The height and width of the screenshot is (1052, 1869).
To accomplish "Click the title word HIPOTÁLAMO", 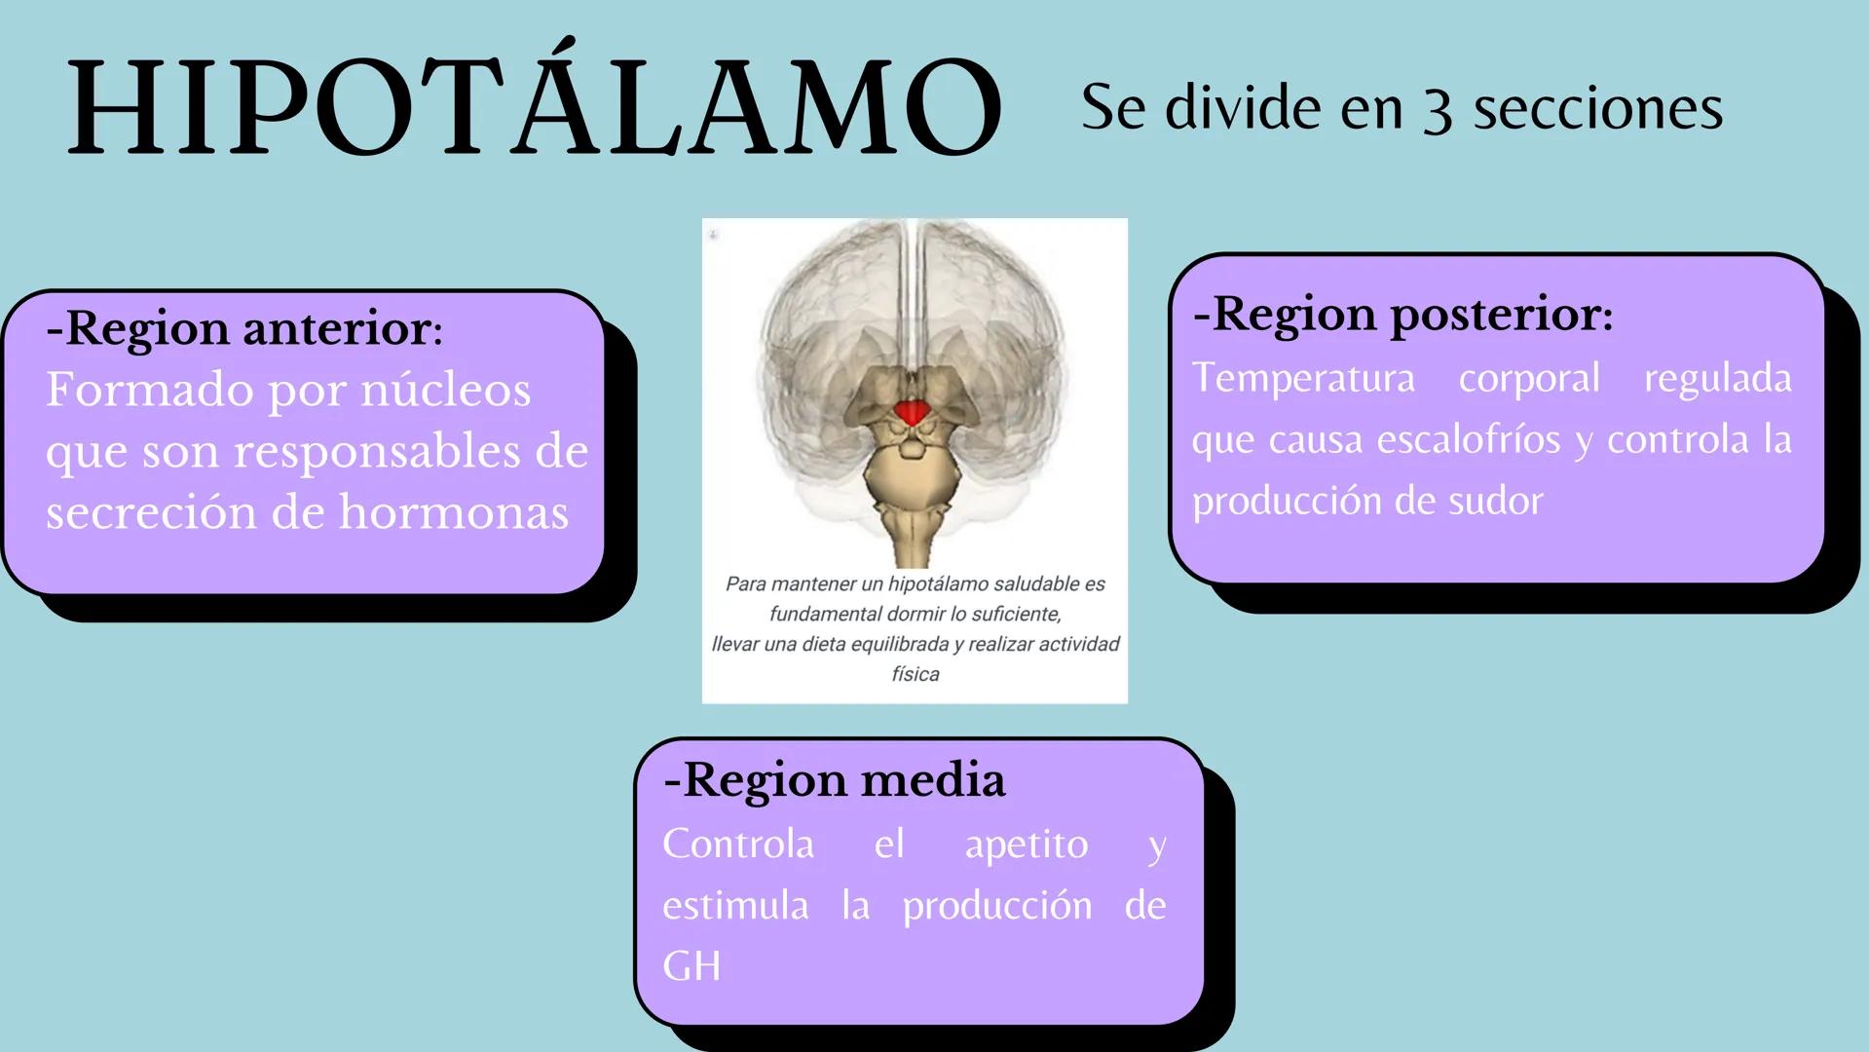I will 534,107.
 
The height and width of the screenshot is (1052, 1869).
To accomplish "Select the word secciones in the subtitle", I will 1597,107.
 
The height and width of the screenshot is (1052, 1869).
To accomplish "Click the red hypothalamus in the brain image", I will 913,412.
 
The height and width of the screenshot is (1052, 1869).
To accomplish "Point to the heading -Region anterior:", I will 244,328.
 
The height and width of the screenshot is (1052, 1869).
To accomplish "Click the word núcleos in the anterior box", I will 446,390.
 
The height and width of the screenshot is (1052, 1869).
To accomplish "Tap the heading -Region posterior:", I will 1402,314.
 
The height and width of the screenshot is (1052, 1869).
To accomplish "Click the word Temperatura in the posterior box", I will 1303,378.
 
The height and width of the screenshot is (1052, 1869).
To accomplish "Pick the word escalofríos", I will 1470,439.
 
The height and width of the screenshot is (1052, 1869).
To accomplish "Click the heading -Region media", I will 835,779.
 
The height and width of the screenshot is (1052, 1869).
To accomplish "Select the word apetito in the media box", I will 1027,844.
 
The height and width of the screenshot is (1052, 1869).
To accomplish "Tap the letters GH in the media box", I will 692,966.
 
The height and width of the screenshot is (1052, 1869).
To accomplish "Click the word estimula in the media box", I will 735,906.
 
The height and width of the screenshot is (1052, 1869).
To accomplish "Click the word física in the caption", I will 916,674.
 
